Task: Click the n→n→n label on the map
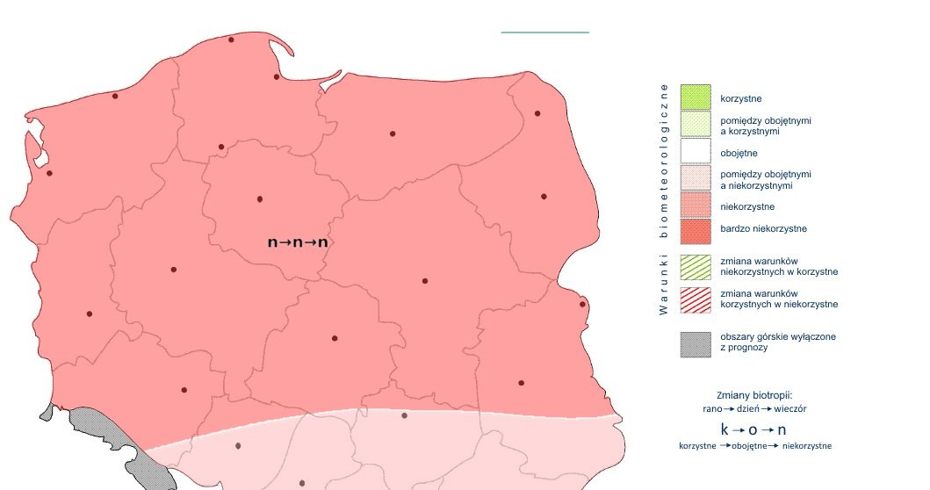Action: click(297, 241)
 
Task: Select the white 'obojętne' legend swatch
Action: click(695, 152)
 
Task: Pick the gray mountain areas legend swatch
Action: click(695, 343)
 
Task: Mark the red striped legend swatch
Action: click(695, 299)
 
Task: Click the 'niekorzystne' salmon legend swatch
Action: click(695, 206)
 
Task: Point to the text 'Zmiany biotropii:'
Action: click(754, 395)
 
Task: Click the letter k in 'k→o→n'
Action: click(725, 429)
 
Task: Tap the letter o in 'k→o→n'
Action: click(753, 429)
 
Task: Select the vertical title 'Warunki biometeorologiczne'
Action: click(664, 198)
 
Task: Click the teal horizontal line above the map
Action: click(544, 32)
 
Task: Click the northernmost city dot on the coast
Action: click(231, 40)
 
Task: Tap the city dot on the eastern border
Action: click(582, 305)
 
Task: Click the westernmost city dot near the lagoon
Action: click(49, 173)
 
